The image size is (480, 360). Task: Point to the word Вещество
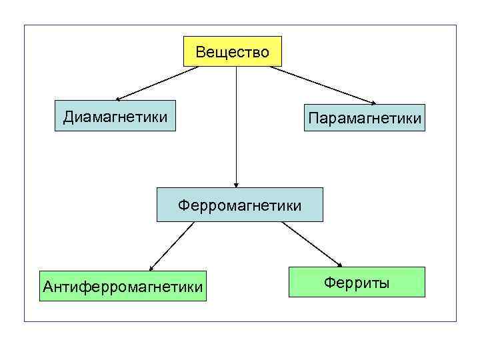tap(233, 52)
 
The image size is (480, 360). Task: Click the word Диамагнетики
tap(115, 117)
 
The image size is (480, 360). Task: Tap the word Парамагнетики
tap(364, 119)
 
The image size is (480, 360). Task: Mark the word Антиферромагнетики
tap(123, 287)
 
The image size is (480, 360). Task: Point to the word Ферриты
tap(357, 283)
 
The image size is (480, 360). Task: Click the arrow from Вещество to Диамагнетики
tap(153, 83)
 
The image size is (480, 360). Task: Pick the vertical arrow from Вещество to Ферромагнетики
tap(236, 127)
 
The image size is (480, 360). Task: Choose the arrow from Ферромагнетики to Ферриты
tap(310, 243)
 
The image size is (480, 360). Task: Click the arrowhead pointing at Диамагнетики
tap(111, 99)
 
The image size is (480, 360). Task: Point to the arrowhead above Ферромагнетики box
tap(236, 184)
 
